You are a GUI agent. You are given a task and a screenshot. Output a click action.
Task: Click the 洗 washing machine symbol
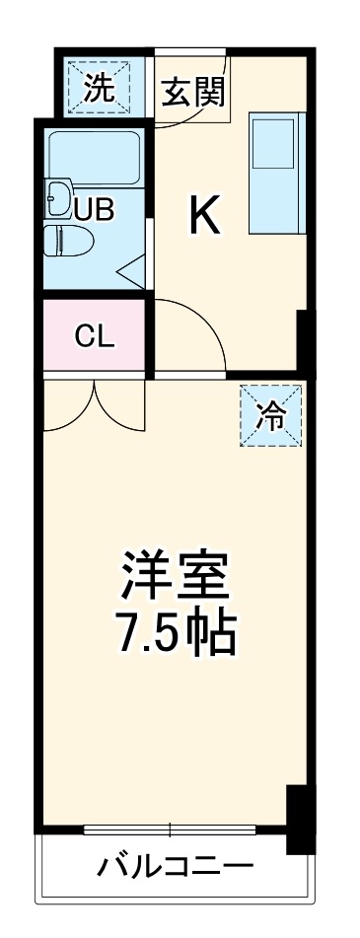pyautogui.click(x=98, y=89)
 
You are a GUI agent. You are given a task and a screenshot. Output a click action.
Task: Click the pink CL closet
pyautogui.click(x=96, y=336)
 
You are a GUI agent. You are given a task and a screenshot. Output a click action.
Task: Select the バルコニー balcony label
pyautogui.click(x=175, y=867)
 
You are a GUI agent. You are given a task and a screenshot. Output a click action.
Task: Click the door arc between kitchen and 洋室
pyautogui.click(x=192, y=335)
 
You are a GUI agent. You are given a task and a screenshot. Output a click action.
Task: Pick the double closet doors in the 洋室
pyautogui.click(x=94, y=406)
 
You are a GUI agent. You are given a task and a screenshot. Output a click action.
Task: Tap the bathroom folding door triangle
pyautogui.click(x=133, y=267)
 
